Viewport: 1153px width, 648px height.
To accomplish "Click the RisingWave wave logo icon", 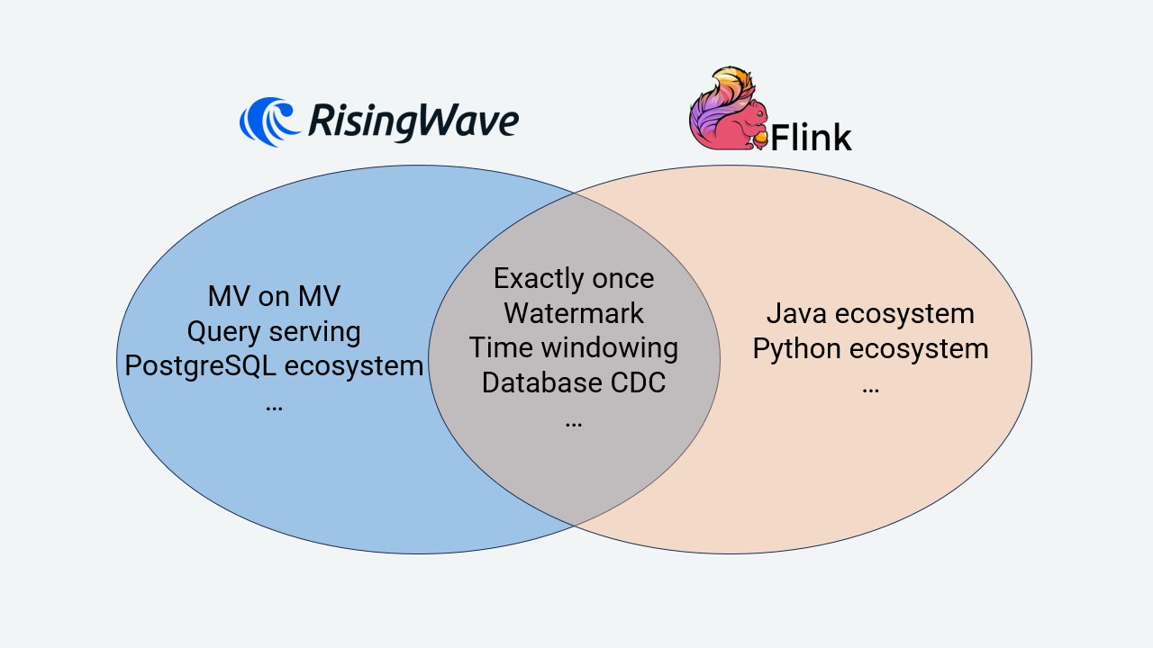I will point(269,121).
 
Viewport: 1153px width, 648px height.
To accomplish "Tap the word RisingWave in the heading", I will point(413,121).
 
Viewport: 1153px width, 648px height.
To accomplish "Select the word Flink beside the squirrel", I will point(811,138).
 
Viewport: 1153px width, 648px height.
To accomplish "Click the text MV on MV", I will point(274,296).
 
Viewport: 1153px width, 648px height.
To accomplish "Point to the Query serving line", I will point(274,331).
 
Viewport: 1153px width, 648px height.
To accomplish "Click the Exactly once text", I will point(574,278).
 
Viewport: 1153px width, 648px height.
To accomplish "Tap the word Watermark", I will point(574,313).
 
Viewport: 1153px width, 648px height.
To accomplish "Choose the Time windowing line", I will point(574,347).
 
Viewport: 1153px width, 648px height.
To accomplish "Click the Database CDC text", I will point(574,382).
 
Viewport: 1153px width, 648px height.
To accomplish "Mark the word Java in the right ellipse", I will point(796,313).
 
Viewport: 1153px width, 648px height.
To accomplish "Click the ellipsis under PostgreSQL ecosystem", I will point(274,406).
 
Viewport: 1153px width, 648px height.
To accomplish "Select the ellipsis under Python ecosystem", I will point(870,388).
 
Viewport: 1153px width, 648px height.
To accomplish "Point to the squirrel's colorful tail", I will point(716,94).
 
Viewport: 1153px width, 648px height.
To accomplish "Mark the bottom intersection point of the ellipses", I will point(575,525).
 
